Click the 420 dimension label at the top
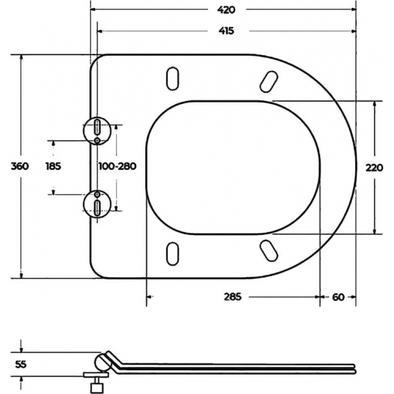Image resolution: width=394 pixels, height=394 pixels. [226, 10]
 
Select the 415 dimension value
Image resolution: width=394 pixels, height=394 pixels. [226, 31]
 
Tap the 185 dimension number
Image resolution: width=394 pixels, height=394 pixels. [53, 166]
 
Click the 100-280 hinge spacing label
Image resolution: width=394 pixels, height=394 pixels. [117, 166]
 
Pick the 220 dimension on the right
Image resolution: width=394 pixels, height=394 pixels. [374, 167]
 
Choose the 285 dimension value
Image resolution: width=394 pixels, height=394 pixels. [233, 296]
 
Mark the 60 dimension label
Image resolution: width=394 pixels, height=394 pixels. [338, 296]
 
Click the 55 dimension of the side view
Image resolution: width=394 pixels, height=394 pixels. [21, 363]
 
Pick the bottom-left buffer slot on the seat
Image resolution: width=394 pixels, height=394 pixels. [172, 253]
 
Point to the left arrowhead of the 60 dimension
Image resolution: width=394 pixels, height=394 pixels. [322, 296]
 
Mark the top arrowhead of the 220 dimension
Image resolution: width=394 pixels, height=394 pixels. [374, 103]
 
